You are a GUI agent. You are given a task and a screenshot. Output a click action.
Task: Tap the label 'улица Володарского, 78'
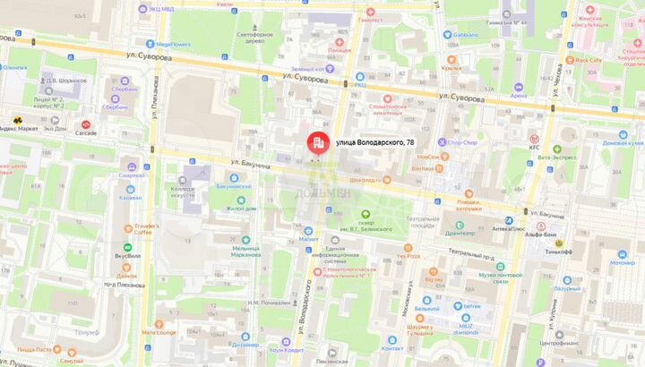[374, 142]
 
